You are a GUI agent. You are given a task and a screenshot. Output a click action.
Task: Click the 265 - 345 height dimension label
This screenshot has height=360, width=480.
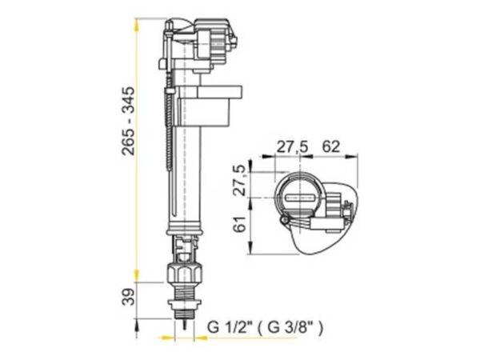[x=128, y=122]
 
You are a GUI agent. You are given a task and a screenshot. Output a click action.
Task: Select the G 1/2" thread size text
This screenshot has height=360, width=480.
[x=230, y=327]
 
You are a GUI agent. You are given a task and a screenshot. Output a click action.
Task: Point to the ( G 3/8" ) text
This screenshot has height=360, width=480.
[x=290, y=327]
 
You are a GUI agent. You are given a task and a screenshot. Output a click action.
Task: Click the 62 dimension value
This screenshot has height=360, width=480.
[x=330, y=146]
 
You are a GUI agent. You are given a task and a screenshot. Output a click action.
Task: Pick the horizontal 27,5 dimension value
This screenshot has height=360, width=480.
[x=292, y=147]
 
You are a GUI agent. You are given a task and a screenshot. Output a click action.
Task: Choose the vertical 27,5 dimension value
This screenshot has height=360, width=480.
[x=240, y=180]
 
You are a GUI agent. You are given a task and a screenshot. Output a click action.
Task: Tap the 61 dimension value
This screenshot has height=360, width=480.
[x=240, y=224]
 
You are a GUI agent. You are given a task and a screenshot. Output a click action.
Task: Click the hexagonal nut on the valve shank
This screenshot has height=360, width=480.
[x=184, y=273]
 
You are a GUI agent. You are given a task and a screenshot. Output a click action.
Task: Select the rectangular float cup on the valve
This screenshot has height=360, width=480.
[x=209, y=106]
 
